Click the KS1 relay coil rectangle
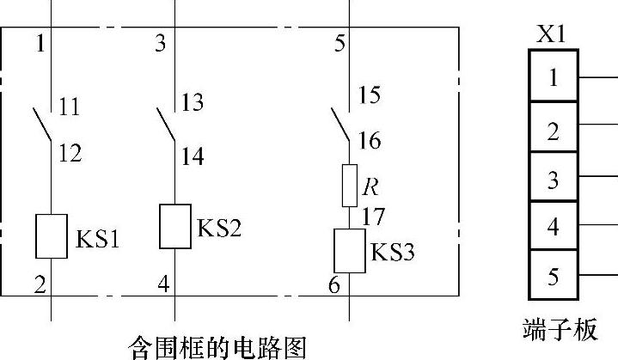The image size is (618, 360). click(x=52, y=235)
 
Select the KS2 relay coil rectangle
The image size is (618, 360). click(x=176, y=226)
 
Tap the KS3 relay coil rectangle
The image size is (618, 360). click(x=350, y=250)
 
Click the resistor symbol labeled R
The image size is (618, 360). click(x=349, y=186)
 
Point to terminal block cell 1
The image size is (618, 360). click(x=553, y=78)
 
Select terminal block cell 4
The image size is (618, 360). click(x=553, y=227)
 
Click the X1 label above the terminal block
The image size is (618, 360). click(x=552, y=35)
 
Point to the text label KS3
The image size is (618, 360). click(x=393, y=253)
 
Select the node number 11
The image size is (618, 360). click(x=70, y=107)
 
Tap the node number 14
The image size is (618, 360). click(x=193, y=156)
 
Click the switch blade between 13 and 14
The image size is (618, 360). click(x=166, y=125)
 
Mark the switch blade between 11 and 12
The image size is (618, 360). click(x=42, y=125)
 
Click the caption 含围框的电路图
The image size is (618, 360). click(x=217, y=346)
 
